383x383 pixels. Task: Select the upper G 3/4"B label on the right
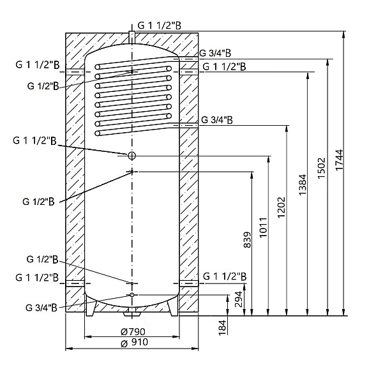[215, 53]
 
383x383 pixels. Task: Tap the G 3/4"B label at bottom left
[43, 307]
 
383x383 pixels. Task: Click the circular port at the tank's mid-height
[131, 156]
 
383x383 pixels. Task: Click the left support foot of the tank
[93, 308]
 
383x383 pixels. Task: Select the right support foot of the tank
[171, 308]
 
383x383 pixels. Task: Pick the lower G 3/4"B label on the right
[216, 119]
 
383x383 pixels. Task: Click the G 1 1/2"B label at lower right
[224, 276]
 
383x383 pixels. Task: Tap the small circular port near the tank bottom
[131, 296]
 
